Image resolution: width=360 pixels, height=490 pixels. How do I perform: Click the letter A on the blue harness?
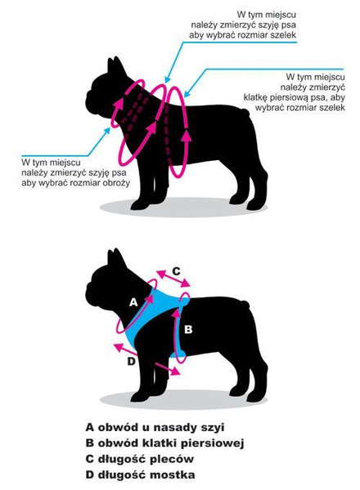[133, 301]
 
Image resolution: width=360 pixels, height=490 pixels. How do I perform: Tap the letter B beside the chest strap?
[187, 330]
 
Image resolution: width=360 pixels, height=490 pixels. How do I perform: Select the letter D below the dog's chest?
[131, 361]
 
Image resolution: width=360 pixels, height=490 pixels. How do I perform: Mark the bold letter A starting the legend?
[90, 427]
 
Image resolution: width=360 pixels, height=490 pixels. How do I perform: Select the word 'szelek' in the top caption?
[279, 37]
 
